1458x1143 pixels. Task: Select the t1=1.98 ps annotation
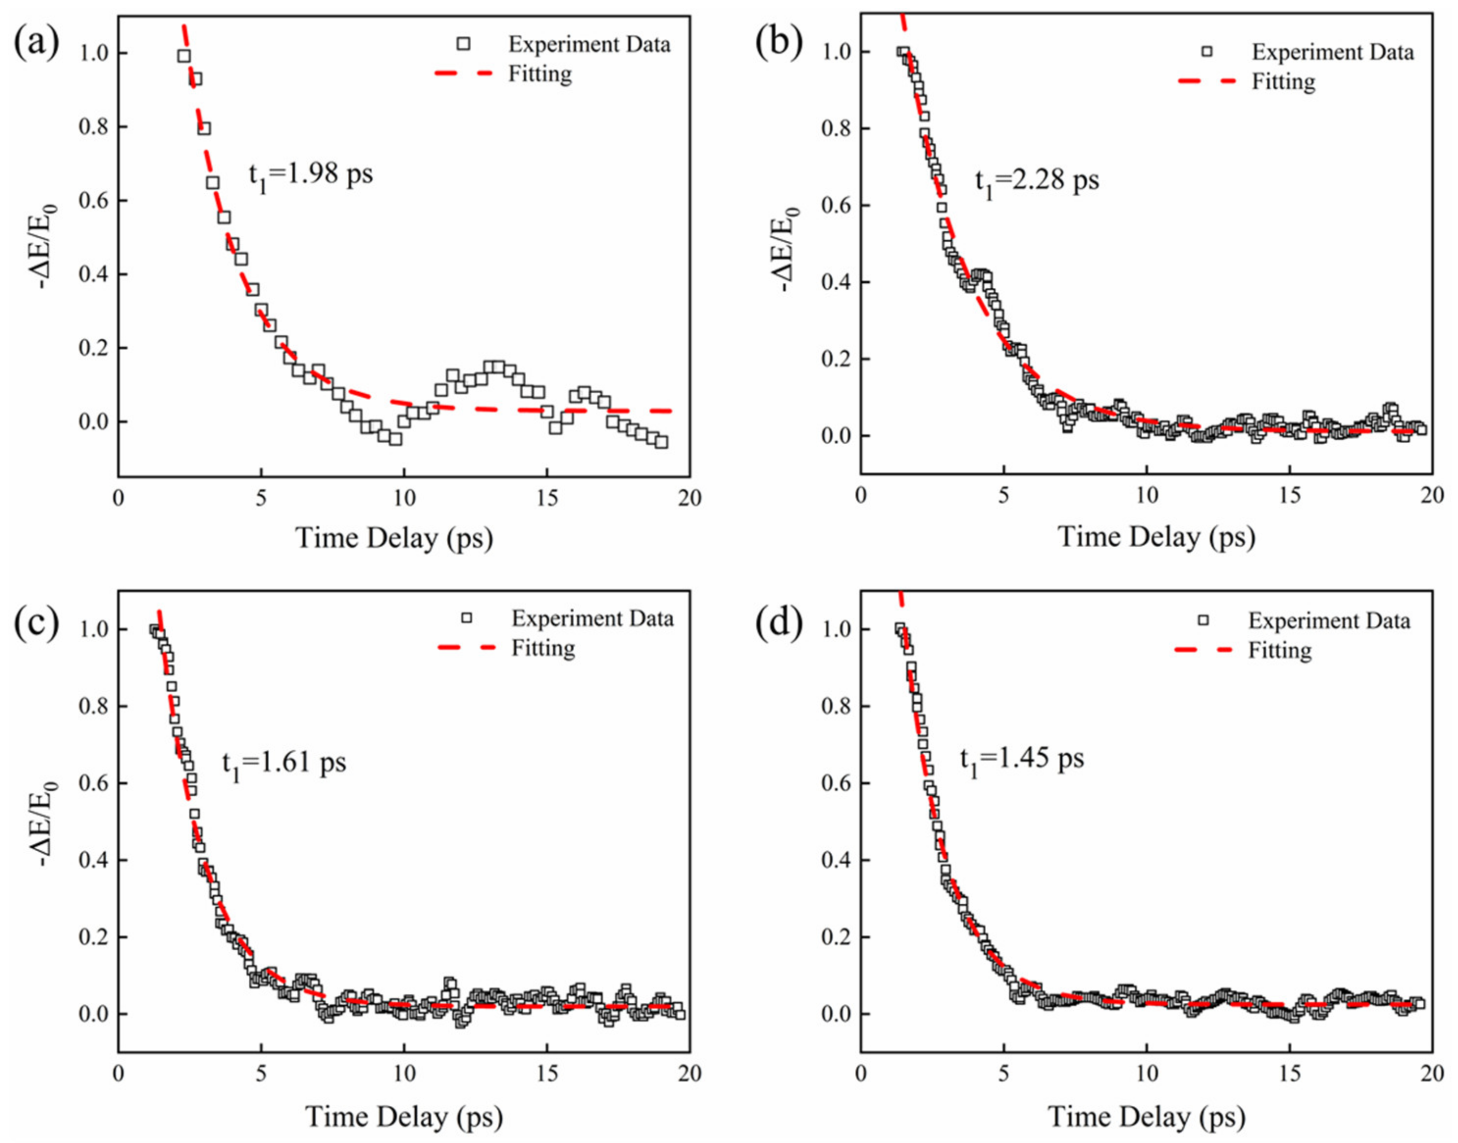[310, 176]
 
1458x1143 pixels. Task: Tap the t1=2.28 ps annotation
[1036, 181]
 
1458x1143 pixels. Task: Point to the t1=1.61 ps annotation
[284, 763]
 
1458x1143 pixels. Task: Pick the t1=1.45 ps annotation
[1022, 760]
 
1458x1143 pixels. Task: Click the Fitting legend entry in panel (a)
[539, 73]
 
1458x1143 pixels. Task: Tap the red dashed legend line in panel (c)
[466, 647]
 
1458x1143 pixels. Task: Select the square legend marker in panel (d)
[1203, 620]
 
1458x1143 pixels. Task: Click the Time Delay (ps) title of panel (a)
[394, 537]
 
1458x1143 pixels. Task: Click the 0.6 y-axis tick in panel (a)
[93, 201]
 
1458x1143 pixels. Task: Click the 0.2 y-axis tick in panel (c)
[93, 937]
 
